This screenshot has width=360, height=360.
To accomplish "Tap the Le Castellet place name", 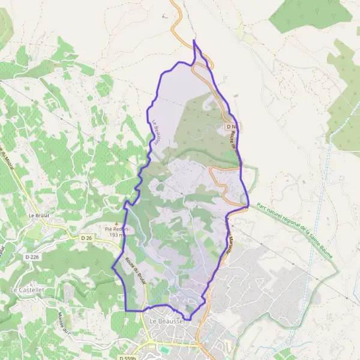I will (x=24, y=289).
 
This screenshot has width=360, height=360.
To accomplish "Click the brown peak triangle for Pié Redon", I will (x=116, y=223).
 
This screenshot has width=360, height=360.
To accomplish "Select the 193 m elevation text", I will (x=116, y=235).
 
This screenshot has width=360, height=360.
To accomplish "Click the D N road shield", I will (x=233, y=127).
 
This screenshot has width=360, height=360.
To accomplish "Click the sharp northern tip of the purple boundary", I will (x=194, y=40).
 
